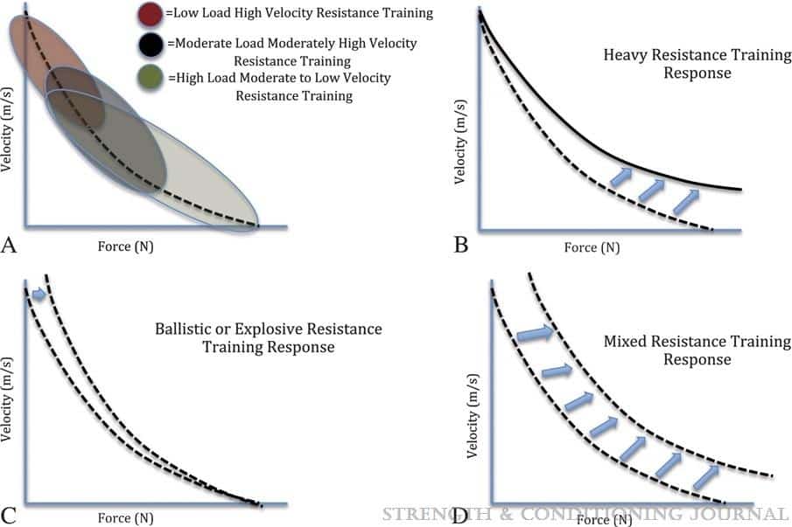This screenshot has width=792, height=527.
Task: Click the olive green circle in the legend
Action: (x=151, y=80)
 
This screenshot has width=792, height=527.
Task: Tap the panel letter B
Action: (x=461, y=246)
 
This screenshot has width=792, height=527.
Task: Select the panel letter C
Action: (x=10, y=516)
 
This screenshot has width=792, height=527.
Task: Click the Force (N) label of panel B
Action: (x=592, y=247)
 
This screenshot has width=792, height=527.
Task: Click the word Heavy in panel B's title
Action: (x=624, y=55)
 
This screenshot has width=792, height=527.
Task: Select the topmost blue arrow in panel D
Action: (x=535, y=333)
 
